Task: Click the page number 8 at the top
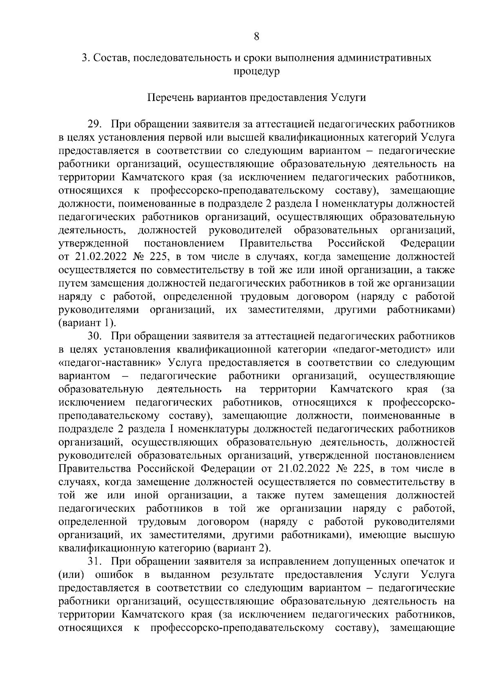256,36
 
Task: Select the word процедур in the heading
256,72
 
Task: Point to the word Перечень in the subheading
169,98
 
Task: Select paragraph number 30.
94,336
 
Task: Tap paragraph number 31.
94,562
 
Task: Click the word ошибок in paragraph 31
114,575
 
